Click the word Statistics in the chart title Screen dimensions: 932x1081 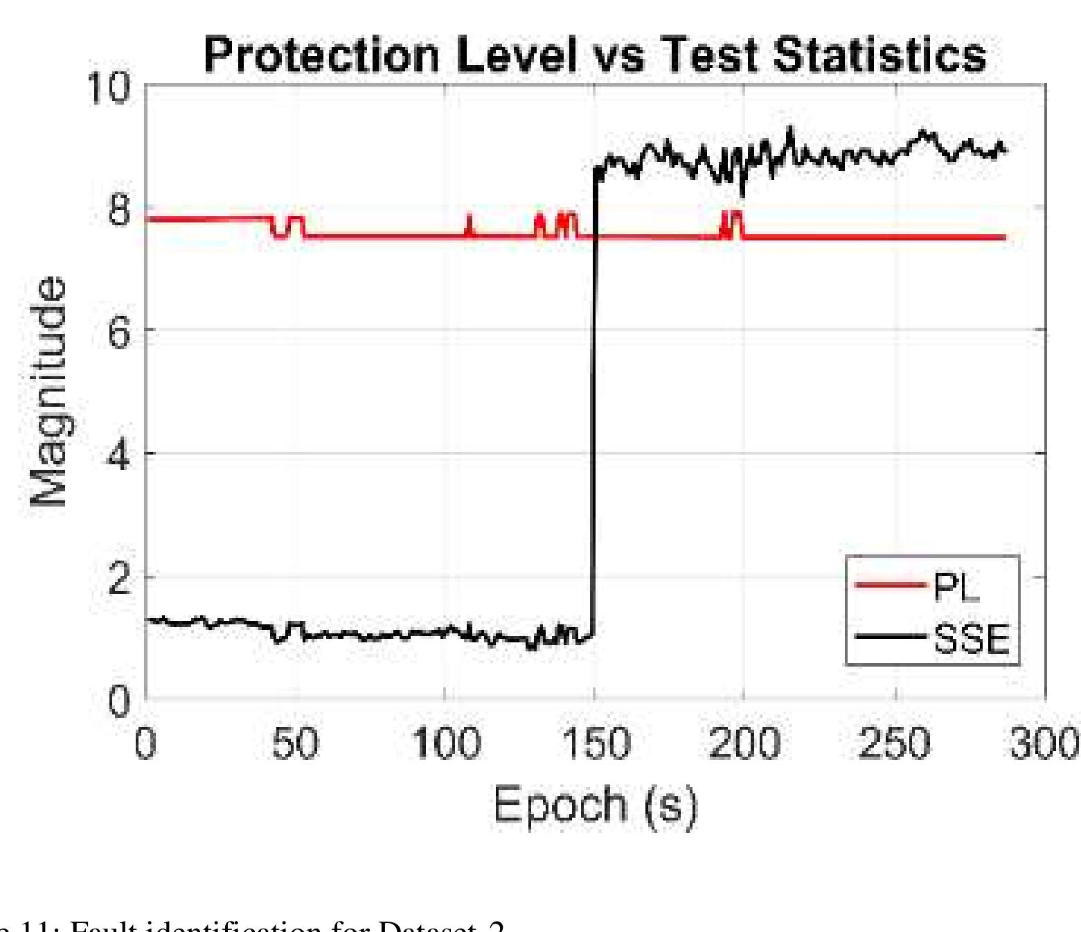tap(879, 55)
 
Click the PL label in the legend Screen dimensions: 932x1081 tap(957, 588)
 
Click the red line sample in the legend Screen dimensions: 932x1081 tap(891, 586)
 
